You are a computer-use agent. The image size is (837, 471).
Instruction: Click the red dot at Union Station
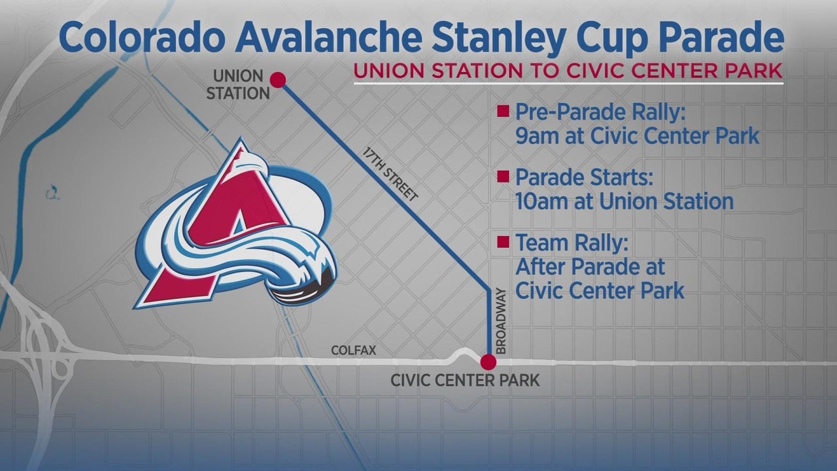click(x=278, y=80)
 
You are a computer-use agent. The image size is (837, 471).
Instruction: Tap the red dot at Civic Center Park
click(x=488, y=362)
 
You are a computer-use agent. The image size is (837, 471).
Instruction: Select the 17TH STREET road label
click(x=390, y=174)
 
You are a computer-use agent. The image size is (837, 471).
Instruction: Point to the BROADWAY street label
click(x=500, y=321)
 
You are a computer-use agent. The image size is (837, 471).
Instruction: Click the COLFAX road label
click(x=354, y=350)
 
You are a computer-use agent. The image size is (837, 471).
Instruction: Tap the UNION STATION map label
click(x=238, y=85)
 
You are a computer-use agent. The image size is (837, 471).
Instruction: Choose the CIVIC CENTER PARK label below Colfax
click(x=465, y=381)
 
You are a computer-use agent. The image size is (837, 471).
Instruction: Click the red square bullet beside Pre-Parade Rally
click(x=503, y=111)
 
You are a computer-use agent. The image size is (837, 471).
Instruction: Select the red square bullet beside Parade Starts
click(x=503, y=177)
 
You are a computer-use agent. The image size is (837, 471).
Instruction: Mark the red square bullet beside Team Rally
click(x=503, y=242)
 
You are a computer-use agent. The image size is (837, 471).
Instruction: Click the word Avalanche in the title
click(x=329, y=37)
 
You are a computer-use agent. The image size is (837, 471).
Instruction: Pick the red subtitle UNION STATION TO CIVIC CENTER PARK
click(x=568, y=71)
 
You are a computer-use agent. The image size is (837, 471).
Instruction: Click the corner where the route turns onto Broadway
click(x=488, y=290)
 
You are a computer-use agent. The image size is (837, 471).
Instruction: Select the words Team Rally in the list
click(x=572, y=243)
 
